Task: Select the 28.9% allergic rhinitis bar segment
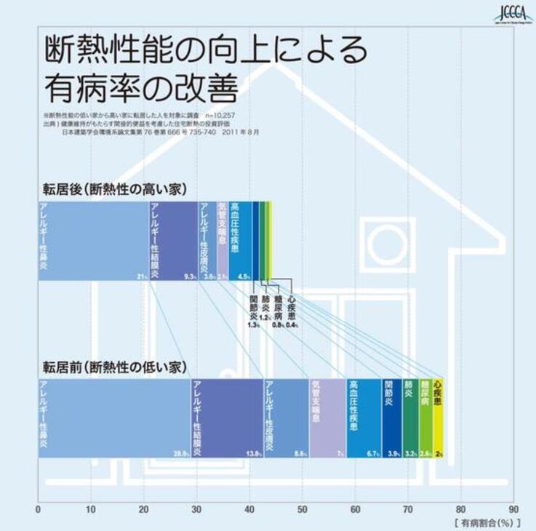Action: point(114,418)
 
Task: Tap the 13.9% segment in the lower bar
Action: point(227,418)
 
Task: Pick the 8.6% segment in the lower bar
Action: point(286,418)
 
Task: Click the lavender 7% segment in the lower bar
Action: point(327,418)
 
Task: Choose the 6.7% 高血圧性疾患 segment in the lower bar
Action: point(364,418)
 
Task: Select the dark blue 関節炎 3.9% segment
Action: point(392,418)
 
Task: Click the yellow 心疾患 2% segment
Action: point(438,418)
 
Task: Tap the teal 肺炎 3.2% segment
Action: point(410,418)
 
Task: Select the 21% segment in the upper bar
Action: point(93,241)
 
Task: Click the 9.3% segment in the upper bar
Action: point(173,241)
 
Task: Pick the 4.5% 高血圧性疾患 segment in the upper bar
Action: point(240,241)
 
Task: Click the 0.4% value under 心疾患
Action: point(292,325)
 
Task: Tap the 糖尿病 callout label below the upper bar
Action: point(279,307)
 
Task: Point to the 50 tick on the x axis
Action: point(303,509)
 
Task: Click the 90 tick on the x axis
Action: point(514,509)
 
